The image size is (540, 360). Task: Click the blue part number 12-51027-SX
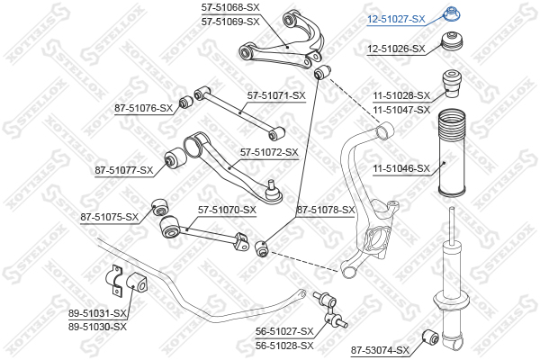(396, 19)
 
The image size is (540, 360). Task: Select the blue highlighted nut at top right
(451, 14)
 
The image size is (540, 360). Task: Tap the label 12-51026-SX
(396, 49)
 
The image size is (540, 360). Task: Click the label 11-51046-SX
(401, 168)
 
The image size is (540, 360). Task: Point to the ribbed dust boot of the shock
(452, 153)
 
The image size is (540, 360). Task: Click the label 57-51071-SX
(276, 95)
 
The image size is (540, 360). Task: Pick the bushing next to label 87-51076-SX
(186, 102)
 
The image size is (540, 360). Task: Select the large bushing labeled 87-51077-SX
(175, 158)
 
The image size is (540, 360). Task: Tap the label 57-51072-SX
(269, 152)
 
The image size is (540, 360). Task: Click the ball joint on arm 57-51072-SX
(274, 192)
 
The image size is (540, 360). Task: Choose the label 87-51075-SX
(109, 217)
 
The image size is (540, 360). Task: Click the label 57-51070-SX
(227, 210)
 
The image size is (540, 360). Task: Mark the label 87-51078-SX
(326, 210)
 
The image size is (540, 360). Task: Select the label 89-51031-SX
(97, 313)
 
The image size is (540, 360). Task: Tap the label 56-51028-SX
(284, 346)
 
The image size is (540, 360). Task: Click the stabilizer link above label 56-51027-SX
(329, 309)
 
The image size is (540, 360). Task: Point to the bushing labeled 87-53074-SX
(430, 337)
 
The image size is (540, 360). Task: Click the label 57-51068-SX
(230, 7)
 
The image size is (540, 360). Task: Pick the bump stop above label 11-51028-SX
(451, 84)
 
